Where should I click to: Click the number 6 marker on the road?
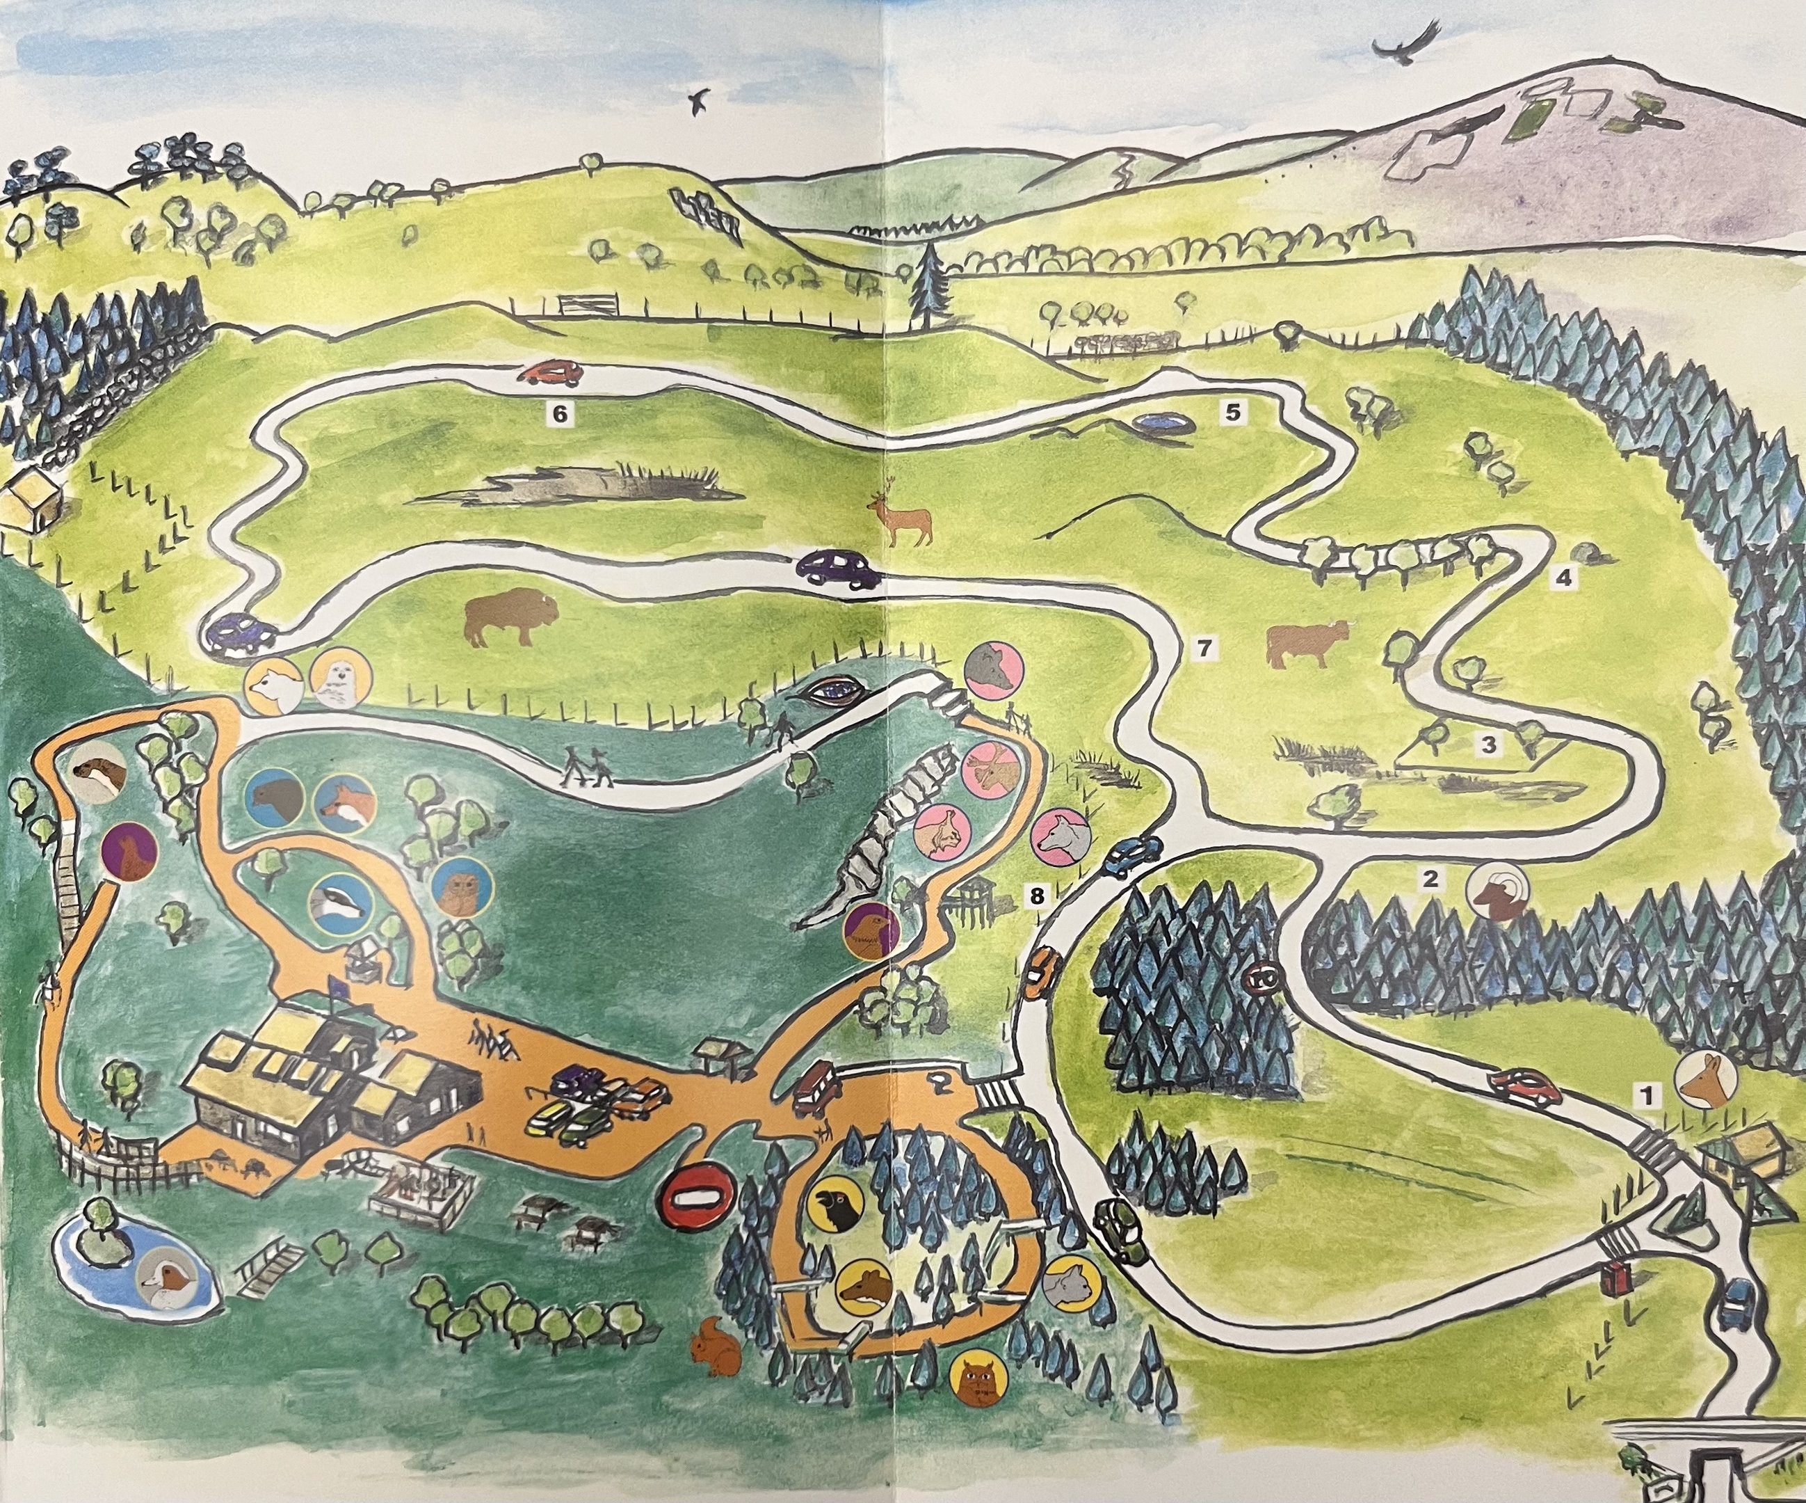[x=560, y=414]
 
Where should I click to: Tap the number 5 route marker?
[x=1232, y=413]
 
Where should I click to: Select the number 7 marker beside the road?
[x=1205, y=649]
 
